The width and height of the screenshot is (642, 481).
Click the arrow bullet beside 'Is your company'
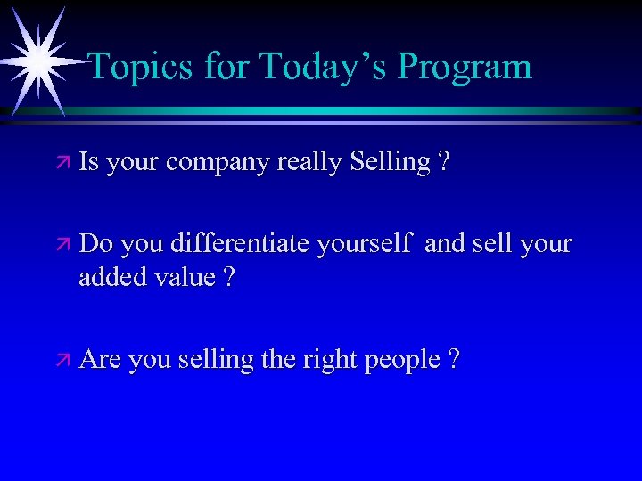click(62, 162)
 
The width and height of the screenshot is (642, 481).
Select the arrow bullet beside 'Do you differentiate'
click(62, 243)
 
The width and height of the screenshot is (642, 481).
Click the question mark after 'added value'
click(229, 277)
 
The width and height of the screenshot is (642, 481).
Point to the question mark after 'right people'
click(455, 359)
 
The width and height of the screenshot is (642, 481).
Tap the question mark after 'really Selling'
click(444, 162)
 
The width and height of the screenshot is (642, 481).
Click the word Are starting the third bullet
click(100, 359)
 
